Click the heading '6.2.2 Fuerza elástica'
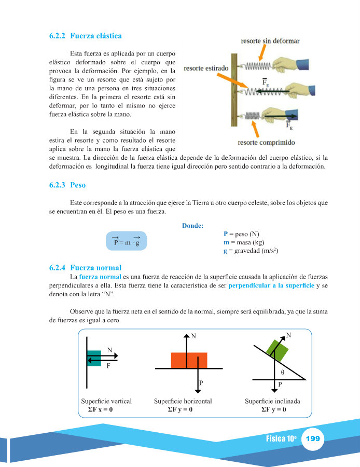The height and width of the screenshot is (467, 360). (86, 36)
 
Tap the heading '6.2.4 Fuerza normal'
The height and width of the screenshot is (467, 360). (86, 268)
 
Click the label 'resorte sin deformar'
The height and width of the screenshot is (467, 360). (269, 40)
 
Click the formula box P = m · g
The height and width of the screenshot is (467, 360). (127, 241)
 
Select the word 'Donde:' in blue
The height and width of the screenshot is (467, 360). (193, 225)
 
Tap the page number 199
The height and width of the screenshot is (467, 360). (312, 439)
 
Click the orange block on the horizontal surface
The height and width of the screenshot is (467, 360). (189, 360)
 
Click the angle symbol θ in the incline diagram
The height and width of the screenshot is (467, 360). (283, 373)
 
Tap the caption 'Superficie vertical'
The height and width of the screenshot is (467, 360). (106, 401)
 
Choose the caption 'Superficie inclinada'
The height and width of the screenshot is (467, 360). (272, 401)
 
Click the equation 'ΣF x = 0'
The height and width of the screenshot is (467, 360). (101, 409)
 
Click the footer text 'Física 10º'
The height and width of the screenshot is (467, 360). (281, 439)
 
